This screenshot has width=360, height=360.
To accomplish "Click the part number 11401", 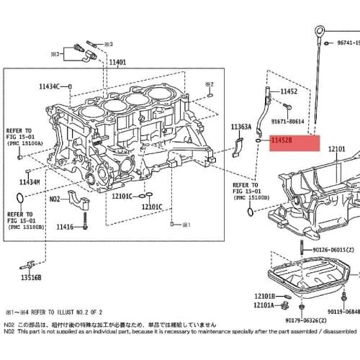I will [117, 63].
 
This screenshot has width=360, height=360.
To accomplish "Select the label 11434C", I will [51, 86].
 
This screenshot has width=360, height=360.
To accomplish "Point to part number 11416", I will [64, 227].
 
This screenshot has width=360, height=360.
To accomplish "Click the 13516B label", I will [31, 276].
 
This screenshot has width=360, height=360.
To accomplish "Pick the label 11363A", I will [240, 127].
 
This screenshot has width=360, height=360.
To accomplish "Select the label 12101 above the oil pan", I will [337, 149].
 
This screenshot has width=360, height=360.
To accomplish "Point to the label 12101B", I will [264, 296].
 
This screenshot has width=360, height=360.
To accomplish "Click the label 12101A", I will [264, 305].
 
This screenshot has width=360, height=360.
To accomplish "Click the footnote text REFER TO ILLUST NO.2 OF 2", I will [65, 313].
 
